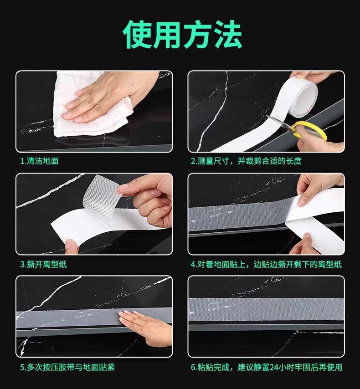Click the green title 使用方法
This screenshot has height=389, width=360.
point(182,35)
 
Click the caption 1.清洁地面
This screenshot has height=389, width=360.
point(39,161)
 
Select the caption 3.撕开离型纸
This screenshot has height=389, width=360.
point(43,264)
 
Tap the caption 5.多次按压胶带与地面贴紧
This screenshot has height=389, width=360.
point(67,367)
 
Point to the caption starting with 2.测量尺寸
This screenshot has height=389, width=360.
point(246,161)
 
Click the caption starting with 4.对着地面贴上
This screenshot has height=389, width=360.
point(266,264)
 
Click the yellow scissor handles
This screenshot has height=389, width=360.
point(309,130)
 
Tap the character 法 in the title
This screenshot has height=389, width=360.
point(228,35)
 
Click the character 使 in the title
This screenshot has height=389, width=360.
point(137,35)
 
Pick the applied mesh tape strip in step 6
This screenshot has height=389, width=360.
point(266,309)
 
